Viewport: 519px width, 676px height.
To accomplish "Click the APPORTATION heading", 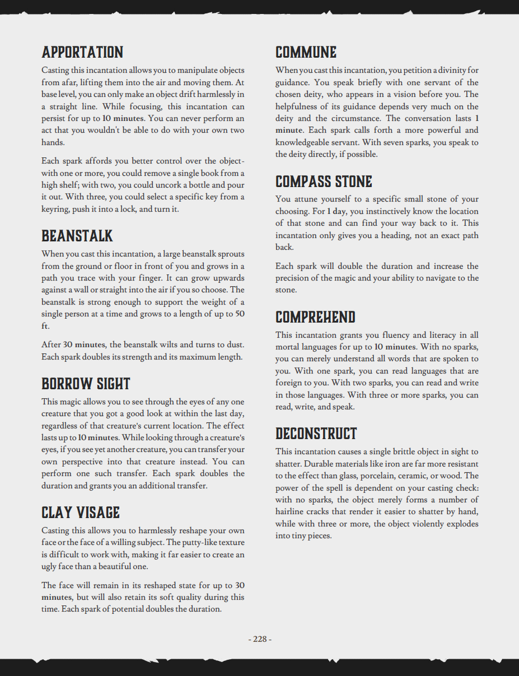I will point(82,53).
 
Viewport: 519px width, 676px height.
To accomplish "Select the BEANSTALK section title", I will point(77,236).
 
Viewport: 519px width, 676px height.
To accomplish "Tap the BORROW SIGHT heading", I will point(86,384).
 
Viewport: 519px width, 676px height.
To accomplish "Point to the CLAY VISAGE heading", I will point(81,512).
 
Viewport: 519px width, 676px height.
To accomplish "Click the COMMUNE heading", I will point(306,53).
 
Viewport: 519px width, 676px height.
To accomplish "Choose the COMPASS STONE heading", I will point(324,181).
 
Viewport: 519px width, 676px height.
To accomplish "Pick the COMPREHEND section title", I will point(315,318).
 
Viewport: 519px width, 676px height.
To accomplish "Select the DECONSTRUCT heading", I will point(316,433).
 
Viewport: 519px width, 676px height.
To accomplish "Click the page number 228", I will point(260,639).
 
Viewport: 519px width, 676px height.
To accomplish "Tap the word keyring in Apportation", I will point(55,209).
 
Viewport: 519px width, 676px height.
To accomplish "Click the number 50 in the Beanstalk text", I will point(240,314).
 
